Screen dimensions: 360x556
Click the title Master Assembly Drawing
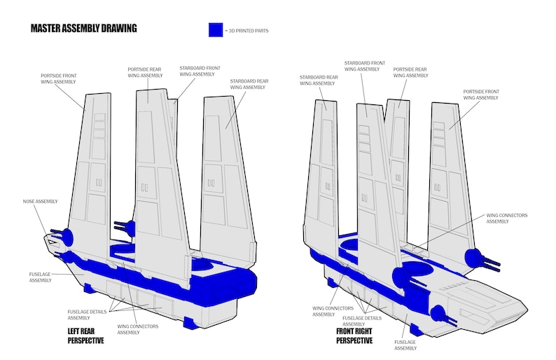pos(83,29)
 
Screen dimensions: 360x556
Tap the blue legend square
pos(215,30)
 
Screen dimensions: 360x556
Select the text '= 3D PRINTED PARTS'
pos(246,31)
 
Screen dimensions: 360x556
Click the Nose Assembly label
pos(39,202)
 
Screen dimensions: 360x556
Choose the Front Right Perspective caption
pos(354,336)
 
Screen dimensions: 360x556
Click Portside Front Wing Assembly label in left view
pos(58,79)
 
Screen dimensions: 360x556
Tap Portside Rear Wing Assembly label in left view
pos(145,73)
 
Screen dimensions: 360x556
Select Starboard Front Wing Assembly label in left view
pos(200,71)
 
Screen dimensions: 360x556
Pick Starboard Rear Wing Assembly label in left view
pos(249,84)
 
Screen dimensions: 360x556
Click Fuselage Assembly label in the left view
pos(41,277)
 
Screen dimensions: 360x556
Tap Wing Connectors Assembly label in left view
pos(137,329)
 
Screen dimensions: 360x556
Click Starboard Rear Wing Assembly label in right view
pos(318,80)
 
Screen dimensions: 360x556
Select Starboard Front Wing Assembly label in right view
pos(365,66)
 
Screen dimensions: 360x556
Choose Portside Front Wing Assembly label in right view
pos(481,94)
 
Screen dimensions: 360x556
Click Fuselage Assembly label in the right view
pos(405,345)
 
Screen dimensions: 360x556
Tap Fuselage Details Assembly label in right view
pos(362,321)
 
